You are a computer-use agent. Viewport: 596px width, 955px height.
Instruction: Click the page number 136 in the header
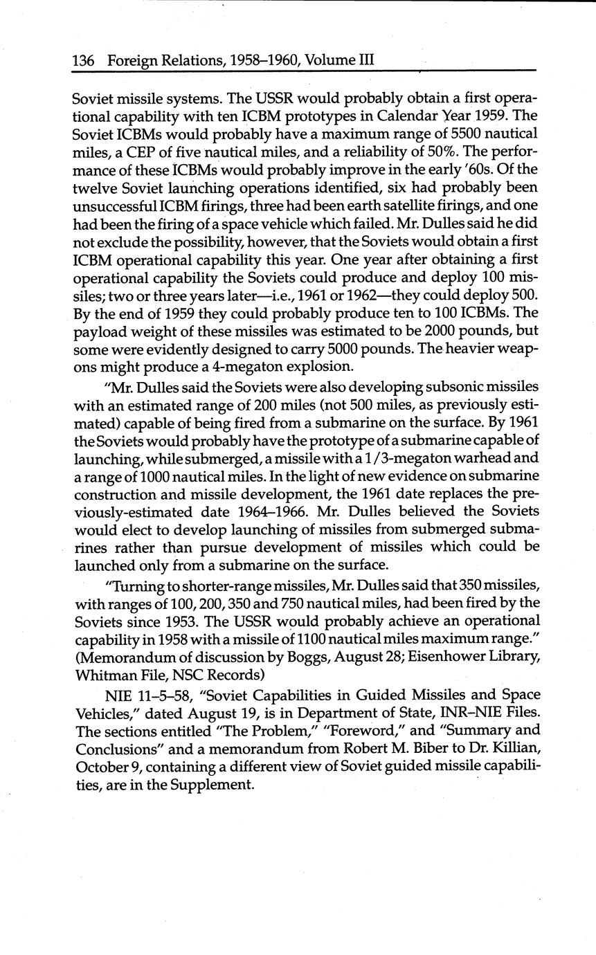(83, 60)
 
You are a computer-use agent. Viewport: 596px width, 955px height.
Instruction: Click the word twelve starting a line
(93, 188)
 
